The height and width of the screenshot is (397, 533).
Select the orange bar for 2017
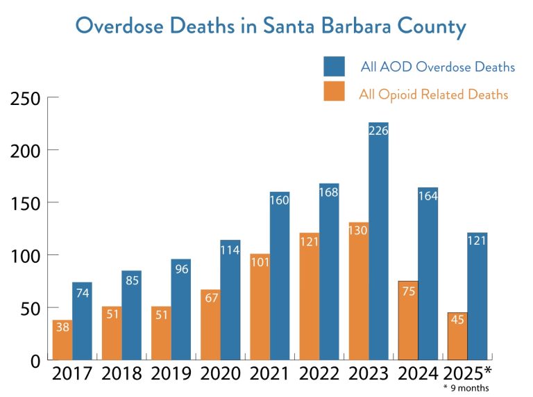point(62,341)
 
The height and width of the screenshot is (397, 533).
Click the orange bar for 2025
point(457,337)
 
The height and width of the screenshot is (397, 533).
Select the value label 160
point(280,200)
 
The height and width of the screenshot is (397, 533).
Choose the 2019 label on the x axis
point(171,373)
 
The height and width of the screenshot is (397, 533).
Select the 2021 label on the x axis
point(271,373)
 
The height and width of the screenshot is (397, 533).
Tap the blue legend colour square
point(335,67)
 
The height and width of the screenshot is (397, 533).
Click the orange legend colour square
point(335,91)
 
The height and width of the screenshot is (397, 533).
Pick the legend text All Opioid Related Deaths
point(433,94)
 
